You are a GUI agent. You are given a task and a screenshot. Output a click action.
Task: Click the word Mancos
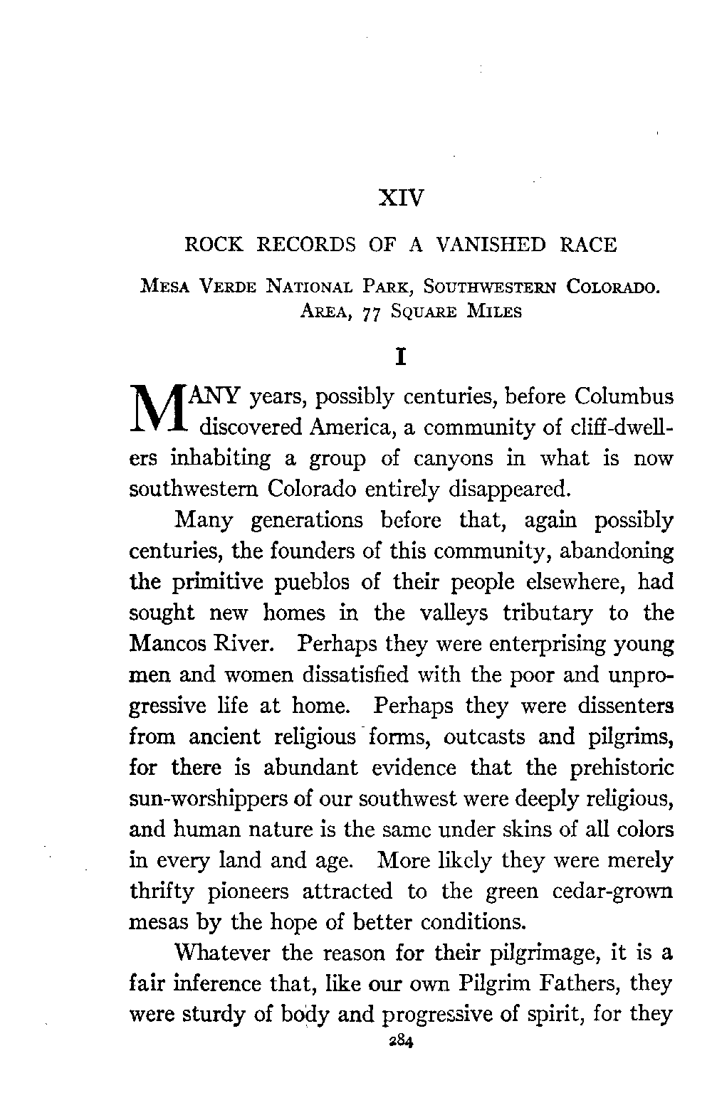[167, 645]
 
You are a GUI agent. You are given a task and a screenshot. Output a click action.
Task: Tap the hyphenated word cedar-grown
[614, 891]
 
